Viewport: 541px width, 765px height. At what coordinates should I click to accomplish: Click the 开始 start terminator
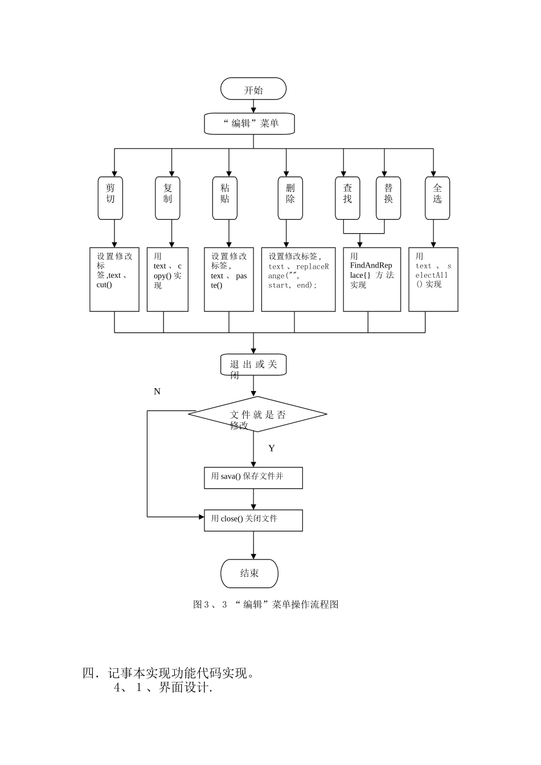(x=253, y=89)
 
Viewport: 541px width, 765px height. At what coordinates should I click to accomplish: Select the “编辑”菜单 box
(x=249, y=124)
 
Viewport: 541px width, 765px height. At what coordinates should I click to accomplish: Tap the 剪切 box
(x=110, y=198)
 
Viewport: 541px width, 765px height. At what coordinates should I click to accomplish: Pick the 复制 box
(x=167, y=198)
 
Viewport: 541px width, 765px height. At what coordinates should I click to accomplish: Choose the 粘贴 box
(x=225, y=198)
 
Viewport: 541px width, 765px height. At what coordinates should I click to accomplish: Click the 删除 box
(x=290, y=198)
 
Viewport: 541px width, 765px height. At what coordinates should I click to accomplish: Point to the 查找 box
(x=347, y=198)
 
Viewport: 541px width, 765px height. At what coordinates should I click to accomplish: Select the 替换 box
(x=388, y=198)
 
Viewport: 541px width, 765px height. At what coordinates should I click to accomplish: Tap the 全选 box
(x=437, y=198)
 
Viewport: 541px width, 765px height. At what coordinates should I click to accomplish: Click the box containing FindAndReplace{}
(x=372, y=279)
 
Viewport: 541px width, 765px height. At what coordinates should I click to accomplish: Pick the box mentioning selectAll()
(x=433, y=279)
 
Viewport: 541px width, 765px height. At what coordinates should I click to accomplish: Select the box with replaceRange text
(x=298, y=279)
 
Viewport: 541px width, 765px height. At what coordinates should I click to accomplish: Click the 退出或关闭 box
(x=253, y=365)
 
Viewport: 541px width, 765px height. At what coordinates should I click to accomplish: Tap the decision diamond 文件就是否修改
(x=257, y=414)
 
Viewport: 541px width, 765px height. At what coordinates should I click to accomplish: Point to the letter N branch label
(x=157, y=392)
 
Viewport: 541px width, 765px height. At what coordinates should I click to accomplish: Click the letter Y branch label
(x=272, y=449)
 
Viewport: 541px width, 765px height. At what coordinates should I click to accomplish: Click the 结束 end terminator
(x=249, y=573)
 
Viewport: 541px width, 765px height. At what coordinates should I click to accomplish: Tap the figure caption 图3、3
(x=265, y=604)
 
